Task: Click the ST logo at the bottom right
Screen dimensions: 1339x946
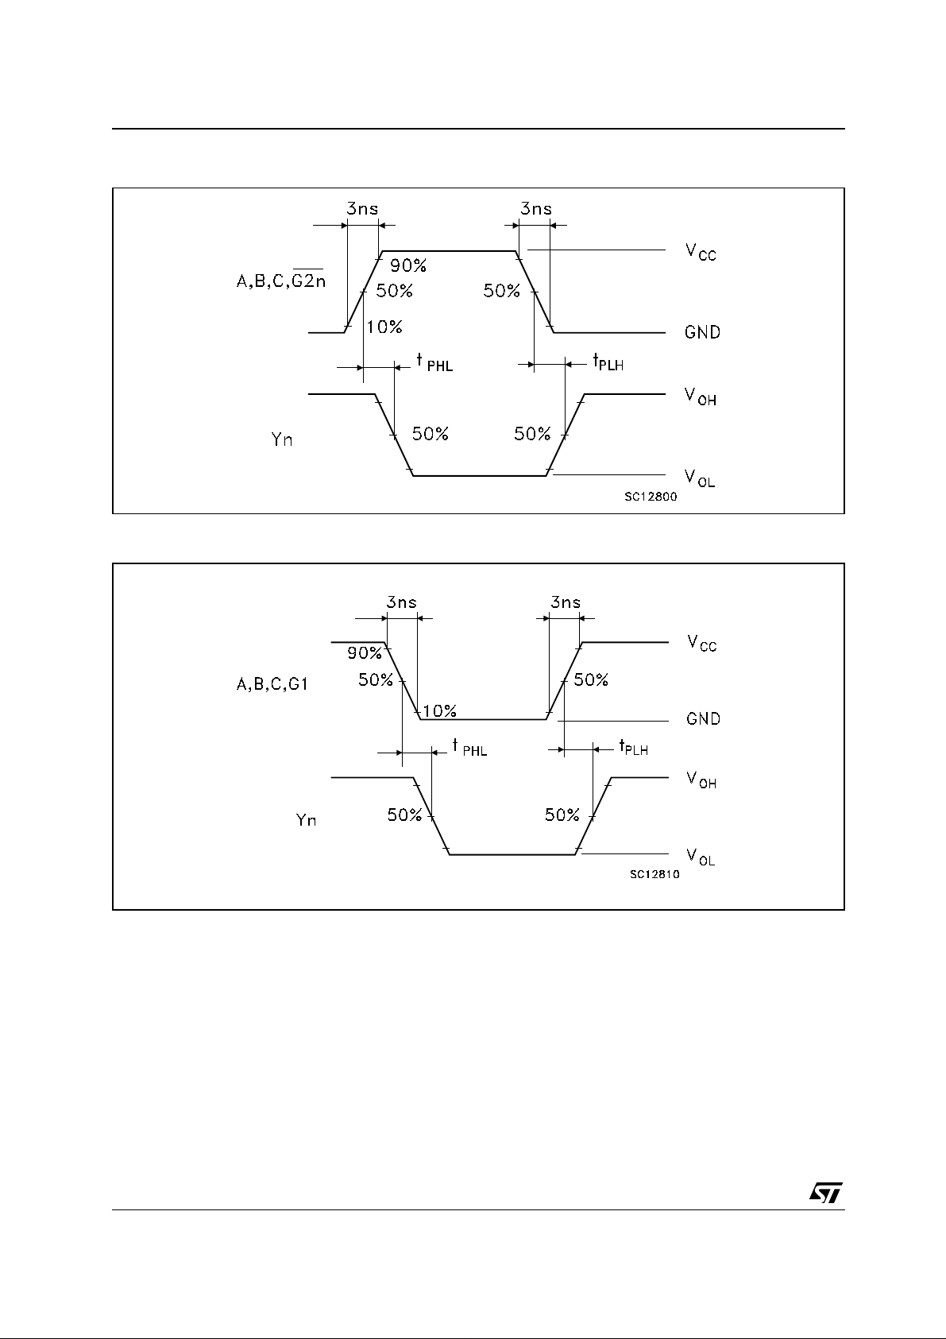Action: coord(826,1192)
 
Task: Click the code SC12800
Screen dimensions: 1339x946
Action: coord(651,496)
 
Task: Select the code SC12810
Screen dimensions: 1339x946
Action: coord(654,874)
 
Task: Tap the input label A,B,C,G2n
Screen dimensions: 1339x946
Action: coord(280,281)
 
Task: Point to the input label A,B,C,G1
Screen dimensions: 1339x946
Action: coord(272,684)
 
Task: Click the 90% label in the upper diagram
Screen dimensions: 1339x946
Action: coord(407,267)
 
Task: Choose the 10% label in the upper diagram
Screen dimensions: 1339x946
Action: coord(384,327)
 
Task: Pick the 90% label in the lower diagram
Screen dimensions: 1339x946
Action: coord(364,653)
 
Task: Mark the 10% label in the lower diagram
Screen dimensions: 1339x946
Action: coord(439,710)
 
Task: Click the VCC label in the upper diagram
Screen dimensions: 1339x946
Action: coord(701,252)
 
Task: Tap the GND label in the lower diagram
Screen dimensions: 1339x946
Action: coord(703,719)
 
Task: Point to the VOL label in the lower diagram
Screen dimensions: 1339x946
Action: coord(701,857)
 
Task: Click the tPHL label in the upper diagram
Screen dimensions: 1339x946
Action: coord(434,362)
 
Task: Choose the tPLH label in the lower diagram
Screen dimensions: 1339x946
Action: coord(633,747)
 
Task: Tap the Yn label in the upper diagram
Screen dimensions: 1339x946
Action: coord(282,439)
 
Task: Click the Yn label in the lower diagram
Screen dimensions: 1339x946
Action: coord(306,819)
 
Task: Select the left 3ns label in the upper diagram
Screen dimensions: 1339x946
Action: coord(362,209)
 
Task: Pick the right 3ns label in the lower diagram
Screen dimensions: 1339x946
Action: coord(565,602)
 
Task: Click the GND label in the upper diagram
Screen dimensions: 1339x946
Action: coord(702,332)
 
